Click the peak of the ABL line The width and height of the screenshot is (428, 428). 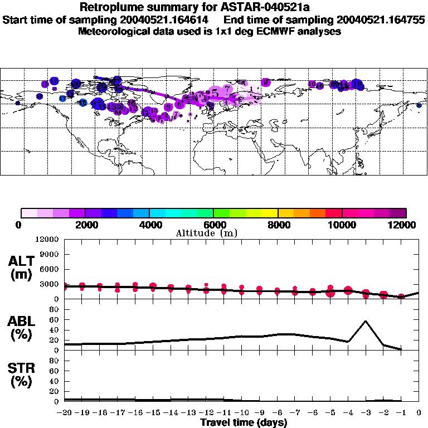pos(366,321)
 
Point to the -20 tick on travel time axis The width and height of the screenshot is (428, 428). pos(65,413)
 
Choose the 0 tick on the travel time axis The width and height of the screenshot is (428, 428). pos(419,413)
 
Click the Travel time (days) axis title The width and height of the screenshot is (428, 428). pos(244,423)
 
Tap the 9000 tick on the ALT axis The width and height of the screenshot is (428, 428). pos(50,254)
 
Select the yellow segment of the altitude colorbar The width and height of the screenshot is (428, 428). pos(270,213)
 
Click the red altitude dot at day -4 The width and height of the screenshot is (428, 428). pos(348,290)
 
